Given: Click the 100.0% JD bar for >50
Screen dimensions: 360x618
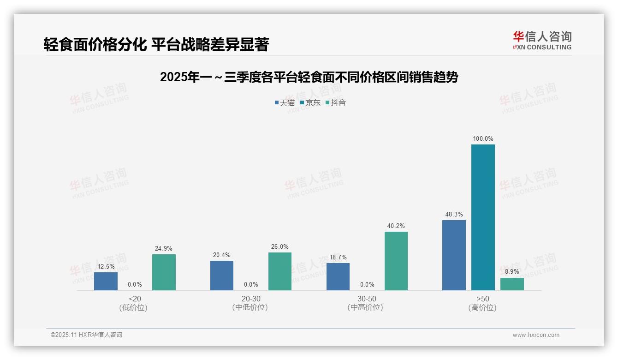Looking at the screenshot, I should click(483, 217).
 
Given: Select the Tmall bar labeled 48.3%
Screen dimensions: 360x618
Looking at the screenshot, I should click(454, 255).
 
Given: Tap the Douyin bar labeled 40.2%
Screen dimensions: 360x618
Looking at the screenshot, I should click(396, 261).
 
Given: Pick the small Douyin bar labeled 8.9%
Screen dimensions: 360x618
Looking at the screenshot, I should click(512, 284).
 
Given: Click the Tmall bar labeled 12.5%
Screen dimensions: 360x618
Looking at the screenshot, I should click(106, 281).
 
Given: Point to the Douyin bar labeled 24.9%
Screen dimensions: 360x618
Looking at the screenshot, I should click(164, 272).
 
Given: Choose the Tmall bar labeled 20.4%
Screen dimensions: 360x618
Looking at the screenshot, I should click(222, 276).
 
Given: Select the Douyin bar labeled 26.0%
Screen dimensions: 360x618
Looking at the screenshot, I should click(280, 271).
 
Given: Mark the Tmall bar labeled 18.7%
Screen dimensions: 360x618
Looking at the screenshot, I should click(338, 276).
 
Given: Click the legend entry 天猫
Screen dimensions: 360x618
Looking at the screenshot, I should click(285, 102).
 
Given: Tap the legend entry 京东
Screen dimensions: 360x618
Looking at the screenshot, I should click(310, 102).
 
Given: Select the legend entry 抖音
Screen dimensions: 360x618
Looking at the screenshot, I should click(336, 102).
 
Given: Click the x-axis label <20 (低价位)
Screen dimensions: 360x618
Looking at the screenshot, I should click(134, 303).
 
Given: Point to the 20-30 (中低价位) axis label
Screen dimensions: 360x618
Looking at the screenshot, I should click(250, 303).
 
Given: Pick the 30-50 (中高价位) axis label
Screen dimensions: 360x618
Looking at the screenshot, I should click(366, 303).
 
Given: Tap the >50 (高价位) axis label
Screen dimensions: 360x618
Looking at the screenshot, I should click(483, 303).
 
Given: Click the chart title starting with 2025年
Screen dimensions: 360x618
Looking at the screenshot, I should click(309, 77).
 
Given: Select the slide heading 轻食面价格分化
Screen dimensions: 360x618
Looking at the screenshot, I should click(156, 44).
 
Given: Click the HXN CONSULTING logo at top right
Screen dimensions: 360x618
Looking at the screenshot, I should click(542, 41).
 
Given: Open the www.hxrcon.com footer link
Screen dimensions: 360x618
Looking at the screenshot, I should click(536, 335).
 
